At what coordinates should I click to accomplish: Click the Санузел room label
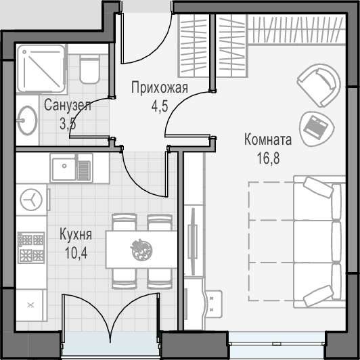click(68, 106)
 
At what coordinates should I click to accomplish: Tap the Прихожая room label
click(160, 88)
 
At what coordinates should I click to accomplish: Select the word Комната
click(268, 139)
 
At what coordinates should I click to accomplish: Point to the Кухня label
click(76, 234)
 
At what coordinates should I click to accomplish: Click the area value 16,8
click(269, 158)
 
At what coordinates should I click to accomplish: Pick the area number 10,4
click(76, 253)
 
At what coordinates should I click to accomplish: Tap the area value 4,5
click(160, 106)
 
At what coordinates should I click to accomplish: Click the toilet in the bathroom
click(89, 69)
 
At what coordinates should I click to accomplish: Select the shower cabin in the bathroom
click(41, 68)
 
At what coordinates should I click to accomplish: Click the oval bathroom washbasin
click(27, 120)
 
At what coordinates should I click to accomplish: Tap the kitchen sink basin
click(64, 168)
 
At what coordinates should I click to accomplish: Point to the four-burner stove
click(31, 247)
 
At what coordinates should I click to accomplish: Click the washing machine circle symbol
click(31, 200)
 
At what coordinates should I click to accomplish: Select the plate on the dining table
click(141, 250)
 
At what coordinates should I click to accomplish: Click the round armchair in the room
click(319, 85)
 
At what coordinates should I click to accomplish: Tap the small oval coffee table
click(317, 129)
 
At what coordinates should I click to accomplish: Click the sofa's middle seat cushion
click(313, 241)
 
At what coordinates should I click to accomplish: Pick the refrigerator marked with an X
click(30, 305)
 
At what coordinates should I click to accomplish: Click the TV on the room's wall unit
click(193, 242)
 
